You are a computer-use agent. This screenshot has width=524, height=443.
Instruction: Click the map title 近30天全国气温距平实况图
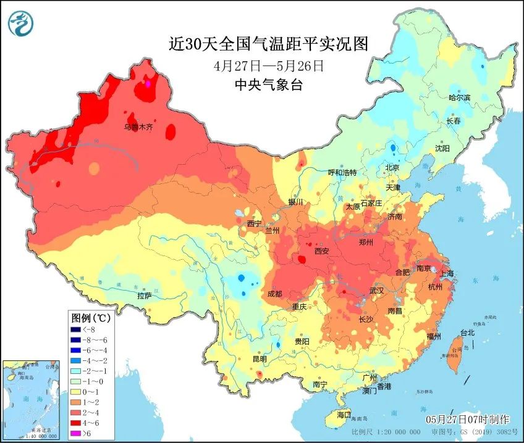pyautogui.click(x=269, y=44)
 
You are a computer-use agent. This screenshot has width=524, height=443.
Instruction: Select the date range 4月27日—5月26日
pyautogui.click(x=269, y=65)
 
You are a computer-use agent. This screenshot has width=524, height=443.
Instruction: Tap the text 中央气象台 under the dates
pyautogui.click(x=269, y=85)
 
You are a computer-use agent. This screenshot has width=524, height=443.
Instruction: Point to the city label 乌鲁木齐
pyautogui.click(x=138, y=127)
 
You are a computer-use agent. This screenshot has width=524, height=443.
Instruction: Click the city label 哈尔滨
pyautogui.click(x=459, y=97)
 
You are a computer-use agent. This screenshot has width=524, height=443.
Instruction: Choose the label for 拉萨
pyautogui.click(x=144, y=296)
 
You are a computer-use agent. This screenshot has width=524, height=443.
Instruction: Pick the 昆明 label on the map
pyautogui.click(x=259, y=359)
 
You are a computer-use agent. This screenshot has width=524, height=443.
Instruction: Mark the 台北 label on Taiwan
pyautogui.click(x=467, y=333)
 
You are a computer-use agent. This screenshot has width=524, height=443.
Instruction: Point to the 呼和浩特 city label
pyautogui.click(x=342, y=173)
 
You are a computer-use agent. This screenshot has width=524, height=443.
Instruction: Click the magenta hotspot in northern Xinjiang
pyautogui.click(x=148, y=83)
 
